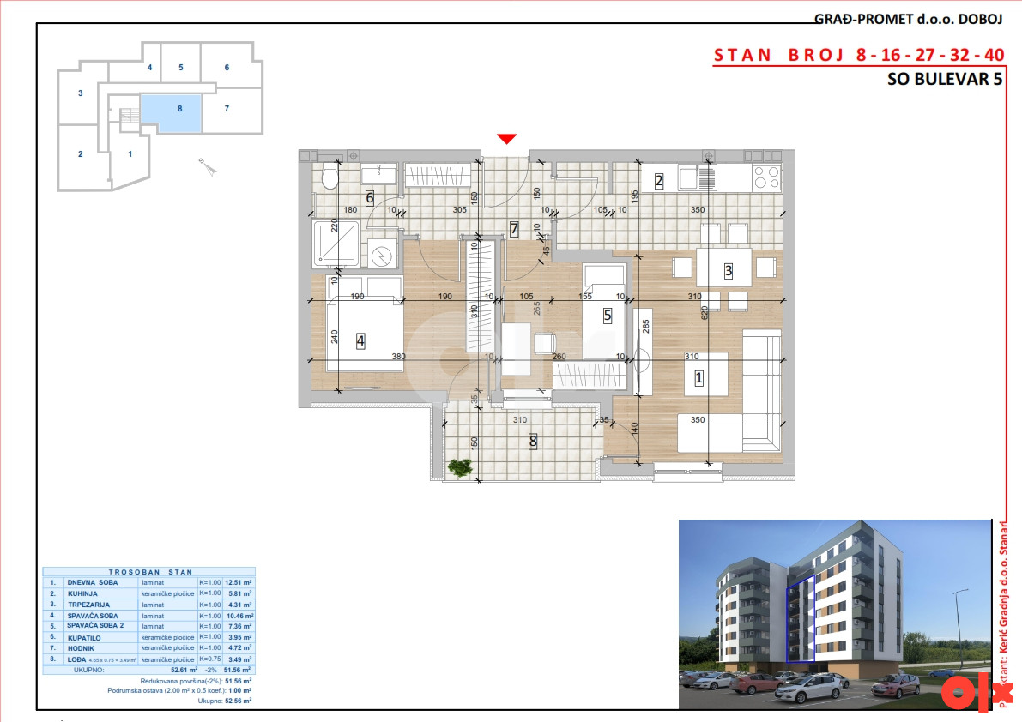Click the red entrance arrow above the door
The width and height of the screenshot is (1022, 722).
pos(507,139)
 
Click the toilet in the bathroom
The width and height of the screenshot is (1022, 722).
pos(328,177)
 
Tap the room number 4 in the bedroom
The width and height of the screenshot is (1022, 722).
pos(360,340)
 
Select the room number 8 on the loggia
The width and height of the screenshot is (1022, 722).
pos(533,442)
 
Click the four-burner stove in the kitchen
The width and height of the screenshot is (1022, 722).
pos(766,177)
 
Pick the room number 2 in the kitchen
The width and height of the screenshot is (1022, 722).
pos(659,181)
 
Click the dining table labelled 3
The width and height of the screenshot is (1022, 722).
pos(724,268)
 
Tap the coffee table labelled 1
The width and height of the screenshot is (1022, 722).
pos(706,375)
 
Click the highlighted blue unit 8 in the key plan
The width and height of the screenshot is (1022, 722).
pos(172,112)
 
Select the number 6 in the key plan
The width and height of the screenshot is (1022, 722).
pos(227,67)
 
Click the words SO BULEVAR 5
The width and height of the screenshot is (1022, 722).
pos(944,80)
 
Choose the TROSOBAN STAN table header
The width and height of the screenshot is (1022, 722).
pos(150,572)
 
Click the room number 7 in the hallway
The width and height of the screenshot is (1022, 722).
pos(514,229)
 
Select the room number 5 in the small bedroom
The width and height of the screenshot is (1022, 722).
pos(608,316)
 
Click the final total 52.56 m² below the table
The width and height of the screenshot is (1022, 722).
pos(237,701)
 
